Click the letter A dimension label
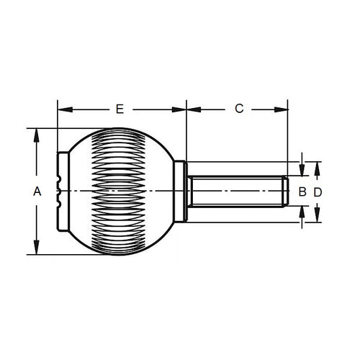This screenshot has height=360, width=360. [37, 192]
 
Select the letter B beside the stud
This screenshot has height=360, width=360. [302, 192]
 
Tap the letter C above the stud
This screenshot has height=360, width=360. [239, 109]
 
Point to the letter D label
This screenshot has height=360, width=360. [318, 192]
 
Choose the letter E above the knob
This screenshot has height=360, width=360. [120, 109]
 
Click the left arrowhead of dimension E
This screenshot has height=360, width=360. [62, 110]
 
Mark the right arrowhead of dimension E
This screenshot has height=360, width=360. [181, 110]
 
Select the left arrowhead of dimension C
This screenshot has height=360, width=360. [192, 110]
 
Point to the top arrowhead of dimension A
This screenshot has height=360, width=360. [36, 134]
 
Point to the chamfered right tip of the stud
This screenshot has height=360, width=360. [286, 192]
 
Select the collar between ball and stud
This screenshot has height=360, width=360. [185, 192]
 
